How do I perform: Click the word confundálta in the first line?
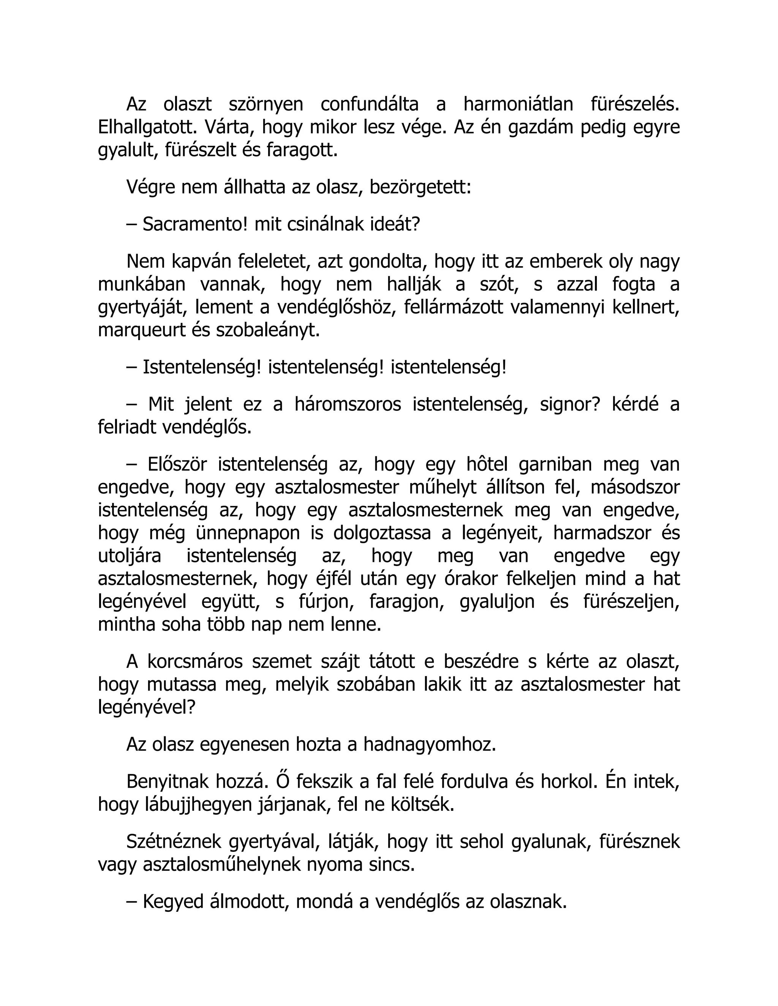click(x=369, y=104)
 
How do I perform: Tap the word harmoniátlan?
click(x=518, y=104)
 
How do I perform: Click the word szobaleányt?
click(x=268, y=330)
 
